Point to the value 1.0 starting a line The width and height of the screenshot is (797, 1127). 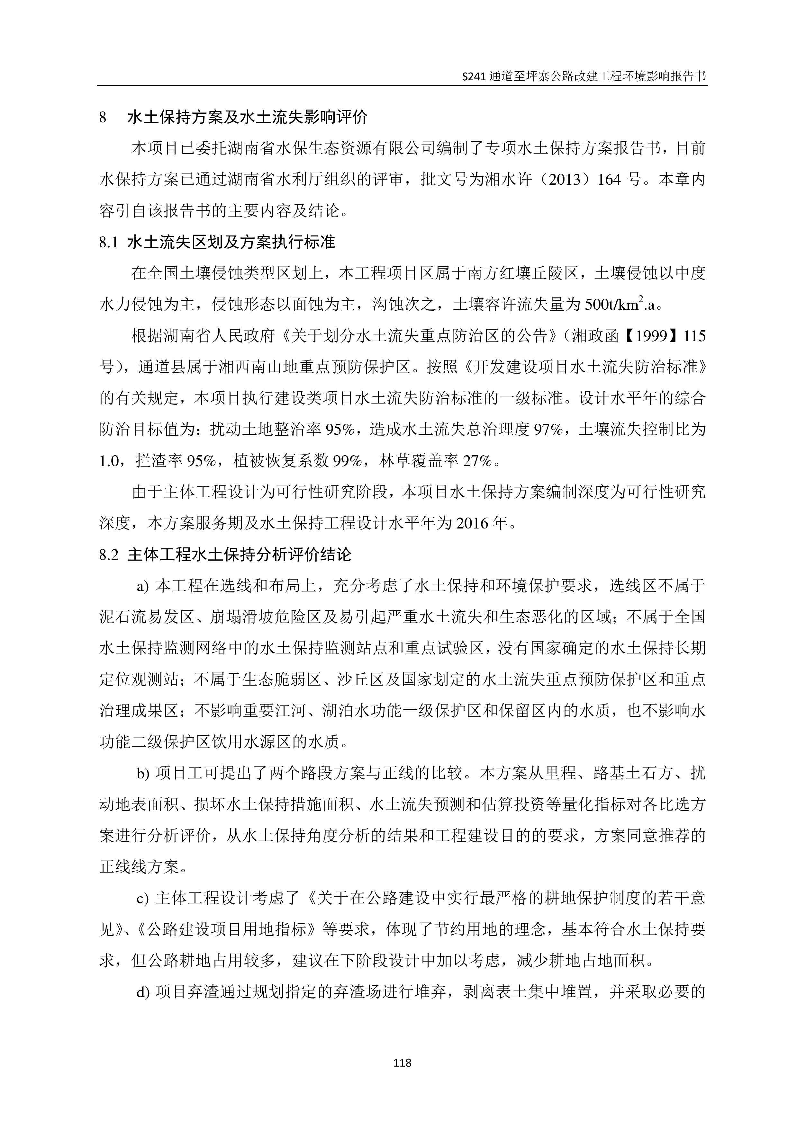109,461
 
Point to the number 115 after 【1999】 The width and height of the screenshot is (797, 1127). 694,336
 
